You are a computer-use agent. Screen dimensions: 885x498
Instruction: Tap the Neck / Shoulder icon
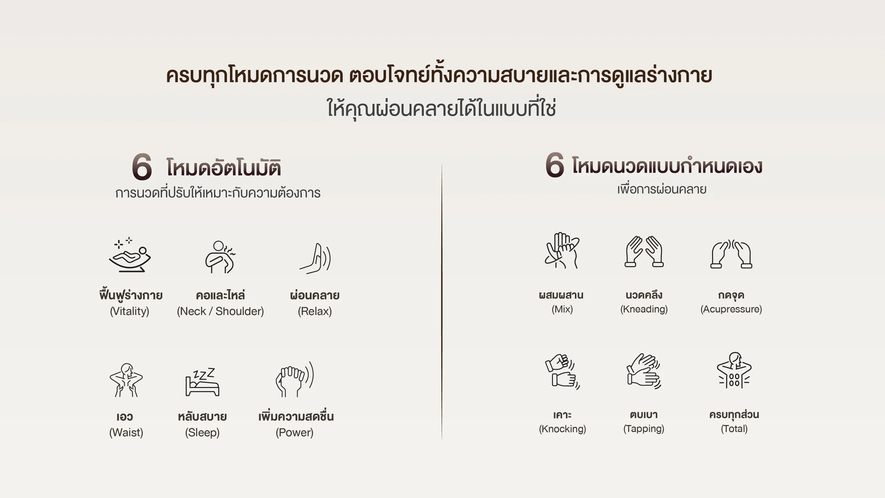pos(220,257)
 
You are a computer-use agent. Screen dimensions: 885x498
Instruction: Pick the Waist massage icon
pos(126,380)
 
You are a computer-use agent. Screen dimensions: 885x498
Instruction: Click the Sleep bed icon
pos(203,382)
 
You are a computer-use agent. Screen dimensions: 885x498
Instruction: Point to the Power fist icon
pos(295,379)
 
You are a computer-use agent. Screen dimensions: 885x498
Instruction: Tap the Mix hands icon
pos(562,250)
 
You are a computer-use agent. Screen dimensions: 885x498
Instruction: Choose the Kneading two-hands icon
pos(644,251)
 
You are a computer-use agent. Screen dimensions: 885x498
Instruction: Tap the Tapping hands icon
pos(644,371)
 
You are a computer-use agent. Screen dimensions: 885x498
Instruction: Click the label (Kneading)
pos(644,309)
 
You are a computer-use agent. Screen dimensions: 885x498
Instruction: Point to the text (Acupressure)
pos(731,309)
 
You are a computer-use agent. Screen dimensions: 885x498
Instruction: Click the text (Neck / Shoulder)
pos(220,311)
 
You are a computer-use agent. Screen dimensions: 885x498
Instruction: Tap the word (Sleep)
pos(202,432)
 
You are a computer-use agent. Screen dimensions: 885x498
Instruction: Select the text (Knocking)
pos(562,429)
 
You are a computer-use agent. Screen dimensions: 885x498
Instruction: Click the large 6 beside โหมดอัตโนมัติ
pos(142,167)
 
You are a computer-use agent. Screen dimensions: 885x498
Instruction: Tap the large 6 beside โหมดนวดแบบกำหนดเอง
pos(555,165)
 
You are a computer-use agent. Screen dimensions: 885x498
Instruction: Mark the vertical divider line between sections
pos(442,301)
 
